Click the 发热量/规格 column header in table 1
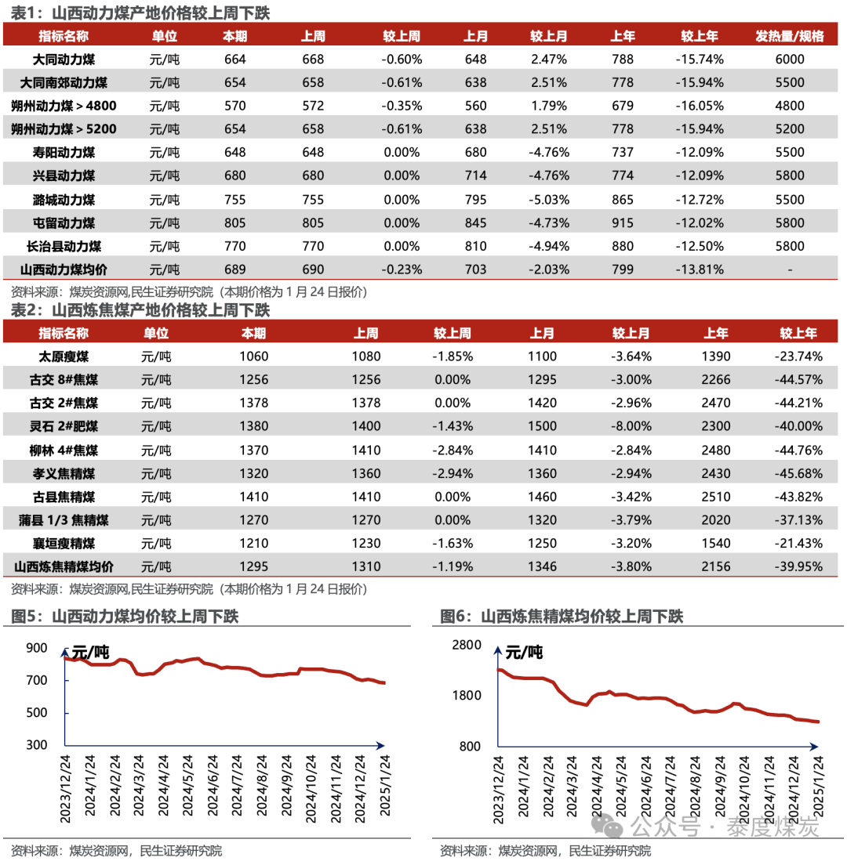[x=790, y=36]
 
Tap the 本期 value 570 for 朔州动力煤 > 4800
[x=234, y=106]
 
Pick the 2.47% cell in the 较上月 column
[x=549, y=60]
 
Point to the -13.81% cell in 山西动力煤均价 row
[x=699, y=270]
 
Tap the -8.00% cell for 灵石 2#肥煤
[x=631, y=427]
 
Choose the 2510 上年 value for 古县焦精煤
[x=716, y=497]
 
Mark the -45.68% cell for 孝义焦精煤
[x=798, y=473]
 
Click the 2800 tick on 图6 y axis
[x=466, y=645]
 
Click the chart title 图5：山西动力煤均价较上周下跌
[x=125, y=617]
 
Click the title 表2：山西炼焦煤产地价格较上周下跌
[x=140, y=310]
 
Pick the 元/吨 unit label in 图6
[x=523, y=652]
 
